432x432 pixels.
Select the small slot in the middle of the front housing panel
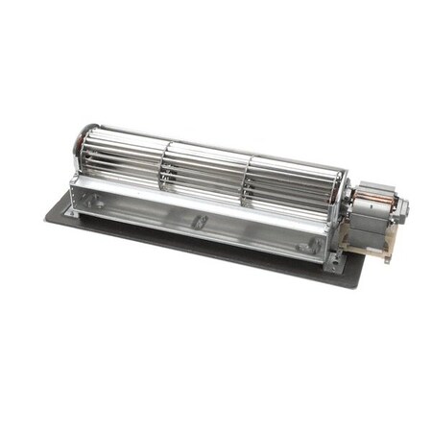201,222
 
